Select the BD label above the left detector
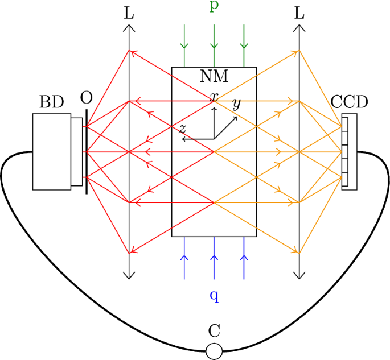pyautogui.click(x=51, y=102)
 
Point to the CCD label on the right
pyautogui.click(x=349, y=102)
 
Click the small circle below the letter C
pyautogui.click(x=214, y=351)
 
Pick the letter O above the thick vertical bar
pyautogui.click(x=86, y=98)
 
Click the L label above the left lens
pyautogui.click(x=130, y=14)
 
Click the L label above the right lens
pyautogui.click(x=299, y=14)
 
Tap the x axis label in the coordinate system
pyautogui.click(x=214, y=97)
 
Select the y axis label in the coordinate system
pyautogui.click(x=236, y=104)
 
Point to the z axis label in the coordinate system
pyautogui.click(x=182, y=129)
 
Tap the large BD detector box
pyautogui.click(x=52, y=151)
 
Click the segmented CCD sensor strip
pyautogui.click(x=345, y=151)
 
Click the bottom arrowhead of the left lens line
pyautogui.click(x=130, y=276)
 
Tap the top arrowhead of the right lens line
pyautogui.click(x=299, y=28)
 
